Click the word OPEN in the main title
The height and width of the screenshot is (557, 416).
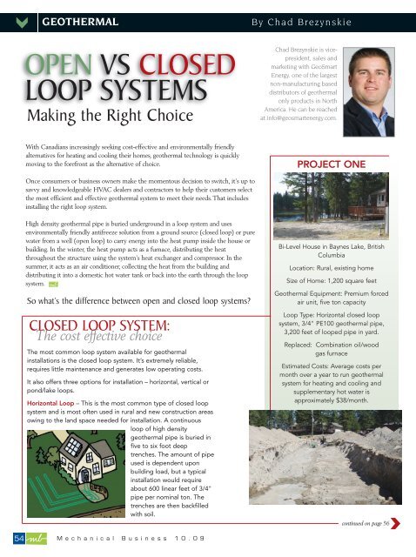60,67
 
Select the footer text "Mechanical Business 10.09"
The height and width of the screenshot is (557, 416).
131,539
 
